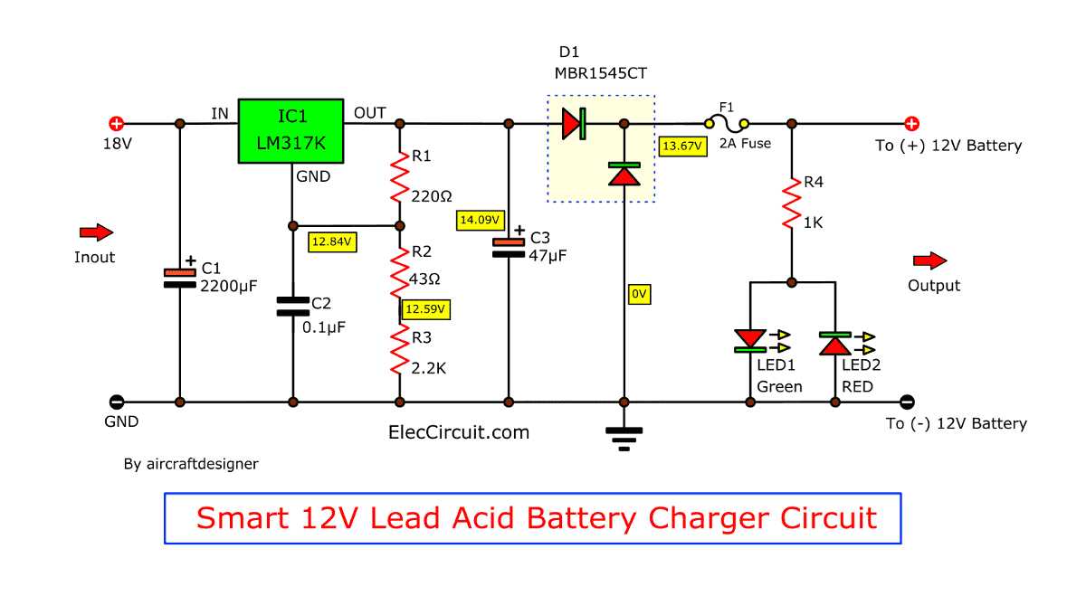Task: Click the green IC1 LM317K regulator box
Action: [x=291, y=131]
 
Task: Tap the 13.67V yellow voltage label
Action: [x=682, y=146]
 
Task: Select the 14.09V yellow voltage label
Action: [x=480, y=220]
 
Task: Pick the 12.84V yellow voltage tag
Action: [x=332, y=241]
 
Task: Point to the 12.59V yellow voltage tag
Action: [x=425, y=309]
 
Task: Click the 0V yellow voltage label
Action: [x=639, y=294]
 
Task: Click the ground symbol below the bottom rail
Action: [x=624, y=439]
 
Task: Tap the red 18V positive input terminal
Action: [x=117, y=124]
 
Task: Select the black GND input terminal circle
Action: [x=117, y=402]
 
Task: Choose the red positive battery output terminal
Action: [x=911, y=124]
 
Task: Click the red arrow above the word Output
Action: [x=930, y=260]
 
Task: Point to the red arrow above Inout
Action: [x=97, y=232]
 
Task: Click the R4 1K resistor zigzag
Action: [x=792, y=203]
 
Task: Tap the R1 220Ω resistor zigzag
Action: [x=400, y=177]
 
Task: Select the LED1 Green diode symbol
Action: [x=750, y=341]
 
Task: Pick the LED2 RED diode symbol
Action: [x=834, y=344]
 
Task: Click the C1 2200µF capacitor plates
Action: [x=180, y=279]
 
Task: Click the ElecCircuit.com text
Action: [x=459, y=432]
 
